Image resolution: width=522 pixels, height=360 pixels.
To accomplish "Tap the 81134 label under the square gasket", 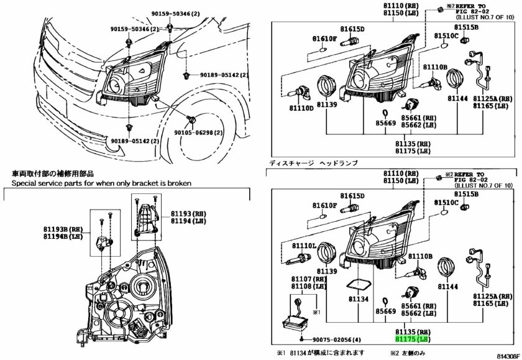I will click(359, 299).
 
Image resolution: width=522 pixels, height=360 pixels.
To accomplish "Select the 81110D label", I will click(301, 108).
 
